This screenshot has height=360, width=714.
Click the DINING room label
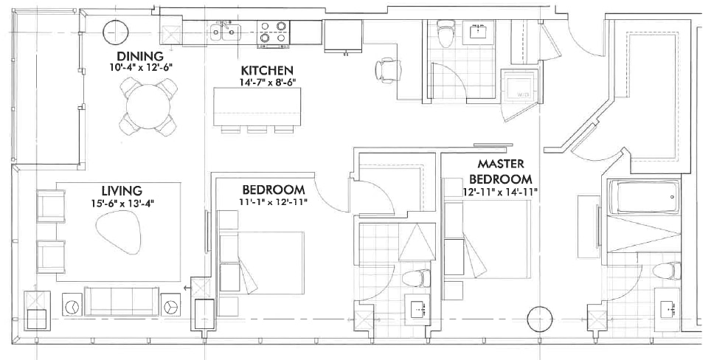140,57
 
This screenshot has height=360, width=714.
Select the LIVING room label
122,190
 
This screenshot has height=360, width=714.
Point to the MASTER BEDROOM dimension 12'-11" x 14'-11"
500,192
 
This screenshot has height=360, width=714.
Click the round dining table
148,107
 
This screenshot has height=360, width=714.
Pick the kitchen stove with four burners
273,34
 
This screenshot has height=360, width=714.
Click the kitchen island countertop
257,107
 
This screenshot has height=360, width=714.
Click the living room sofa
122,301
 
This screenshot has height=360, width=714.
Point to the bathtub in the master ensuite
645,197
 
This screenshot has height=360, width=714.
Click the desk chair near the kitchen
388,71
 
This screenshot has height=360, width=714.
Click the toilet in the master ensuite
667,271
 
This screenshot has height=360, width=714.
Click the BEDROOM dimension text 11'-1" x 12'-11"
273,202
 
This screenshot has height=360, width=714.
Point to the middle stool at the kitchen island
257,130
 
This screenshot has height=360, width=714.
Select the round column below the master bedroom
540,319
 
